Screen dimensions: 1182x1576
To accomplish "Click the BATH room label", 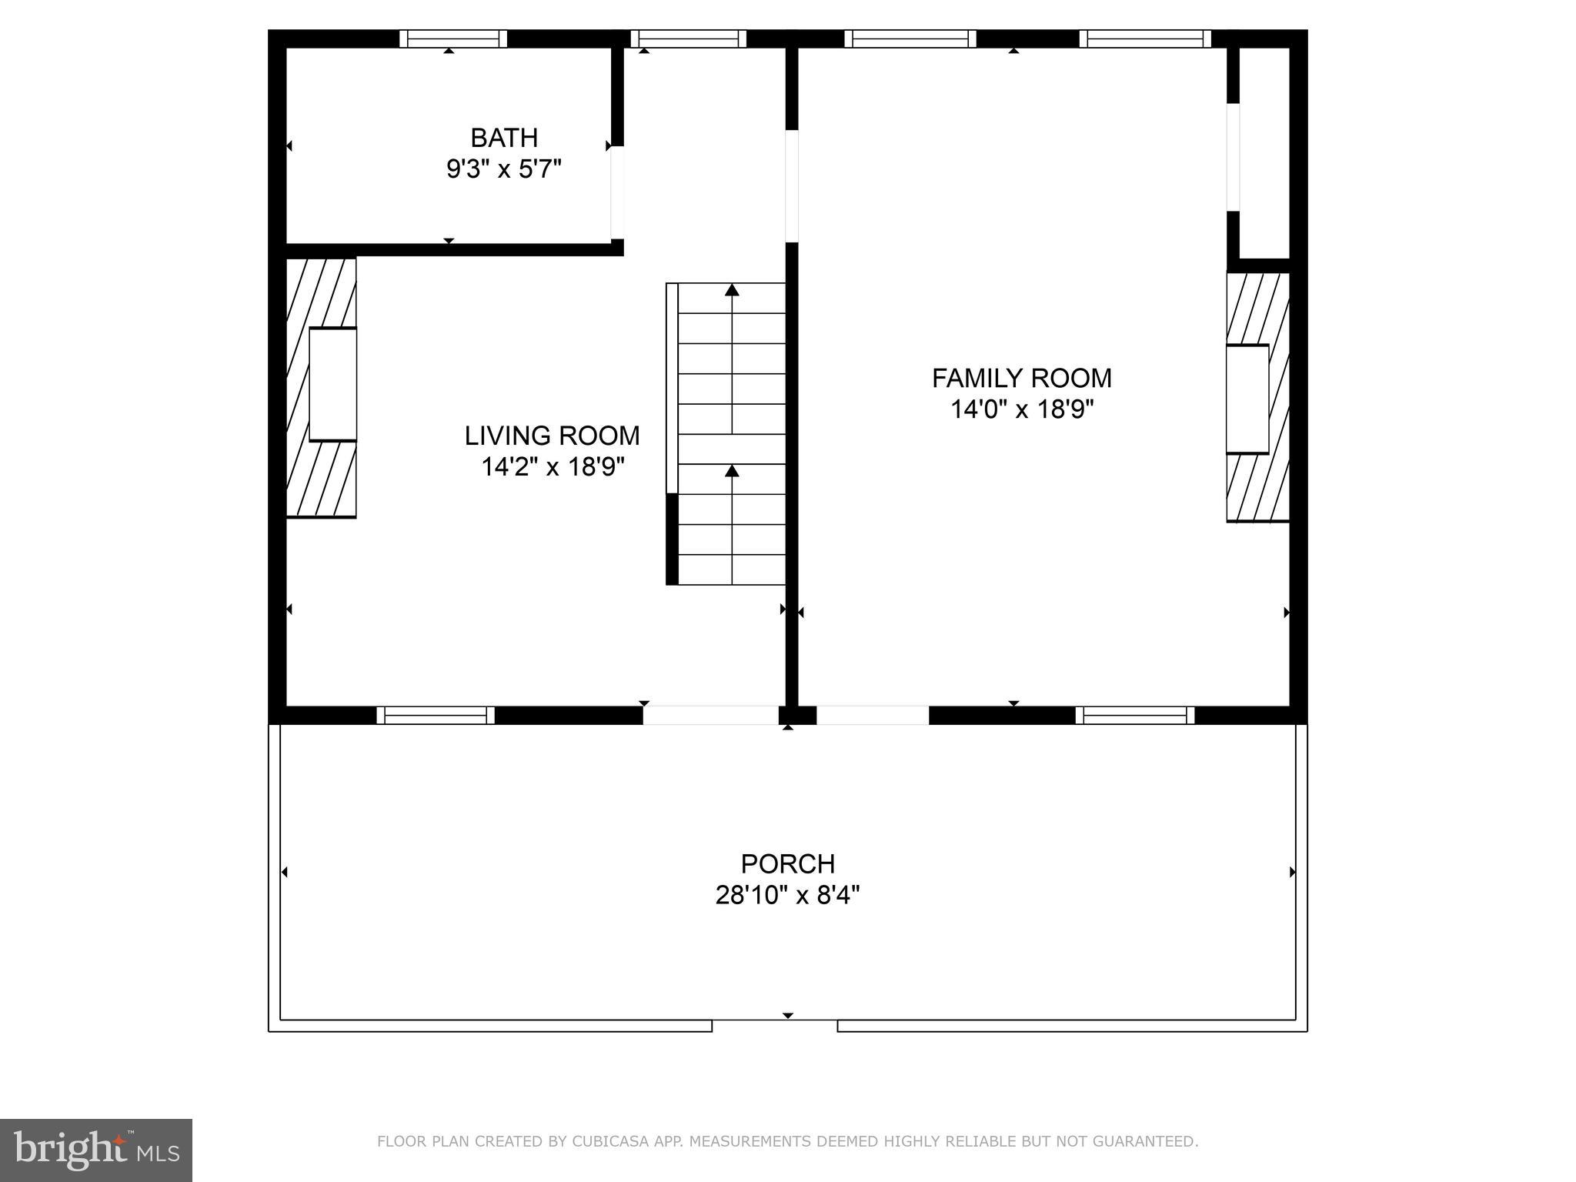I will pos(504,139).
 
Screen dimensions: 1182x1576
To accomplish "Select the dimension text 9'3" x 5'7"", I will pos(504,169).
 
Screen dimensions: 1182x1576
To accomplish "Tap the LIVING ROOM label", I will pos(552,436).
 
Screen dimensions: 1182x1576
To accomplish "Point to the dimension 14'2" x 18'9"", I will pos(552,467).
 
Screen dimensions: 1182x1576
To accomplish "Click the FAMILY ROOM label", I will pos(1021,379).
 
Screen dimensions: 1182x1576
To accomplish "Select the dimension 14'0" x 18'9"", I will pos(1021,409).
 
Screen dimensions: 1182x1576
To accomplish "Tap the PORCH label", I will pos(787,864).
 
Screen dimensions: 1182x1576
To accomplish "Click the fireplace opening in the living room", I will pos(332,385).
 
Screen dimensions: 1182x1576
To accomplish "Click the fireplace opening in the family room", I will pos(1247,399).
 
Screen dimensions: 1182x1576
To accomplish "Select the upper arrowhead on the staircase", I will pos(732,290).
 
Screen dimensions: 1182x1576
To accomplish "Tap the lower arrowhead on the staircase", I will pos(732,471).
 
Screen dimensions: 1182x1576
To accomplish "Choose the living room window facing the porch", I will pos(436,716).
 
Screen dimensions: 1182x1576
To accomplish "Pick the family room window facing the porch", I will pos(1134,716).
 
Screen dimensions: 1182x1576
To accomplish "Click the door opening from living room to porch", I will pos(710,716).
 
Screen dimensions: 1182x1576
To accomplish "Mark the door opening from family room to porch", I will pos(872,716).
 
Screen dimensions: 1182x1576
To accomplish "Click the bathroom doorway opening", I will pos(616,192).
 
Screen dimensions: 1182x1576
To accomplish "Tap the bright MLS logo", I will pos(95,1150).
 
